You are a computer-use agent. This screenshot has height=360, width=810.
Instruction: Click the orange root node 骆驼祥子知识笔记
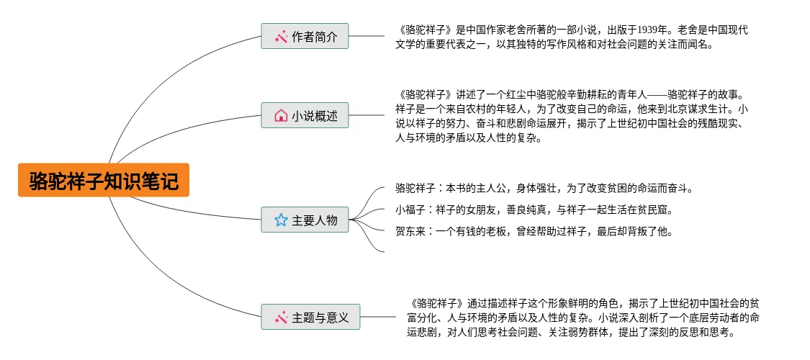tap(103, 180)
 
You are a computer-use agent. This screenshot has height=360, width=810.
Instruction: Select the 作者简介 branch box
tap(305, 35)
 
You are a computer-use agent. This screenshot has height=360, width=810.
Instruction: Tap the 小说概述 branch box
tap(305, 115)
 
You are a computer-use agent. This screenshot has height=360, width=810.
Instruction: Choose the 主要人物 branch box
tap(305, 220)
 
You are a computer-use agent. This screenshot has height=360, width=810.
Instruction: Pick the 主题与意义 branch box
tap(310, 317)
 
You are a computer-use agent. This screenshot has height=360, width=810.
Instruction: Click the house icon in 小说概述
tap(281, 115)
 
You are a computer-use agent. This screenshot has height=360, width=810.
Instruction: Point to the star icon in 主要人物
tap(281, 220)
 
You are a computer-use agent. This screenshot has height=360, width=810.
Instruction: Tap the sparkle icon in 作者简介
tap(281, 35)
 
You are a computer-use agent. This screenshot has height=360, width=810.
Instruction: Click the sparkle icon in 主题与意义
tap(281, 317)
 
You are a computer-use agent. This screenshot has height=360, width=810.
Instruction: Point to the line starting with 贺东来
tap(534, 231)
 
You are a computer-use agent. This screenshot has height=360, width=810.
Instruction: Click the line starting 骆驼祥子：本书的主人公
tap(544, 189)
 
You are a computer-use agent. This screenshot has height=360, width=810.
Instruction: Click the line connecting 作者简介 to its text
tap(366, 35)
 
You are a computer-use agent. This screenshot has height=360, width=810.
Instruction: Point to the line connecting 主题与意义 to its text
tap(377, 317)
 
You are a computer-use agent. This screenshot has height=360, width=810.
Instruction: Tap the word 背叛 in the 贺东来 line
tap(643, 231)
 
